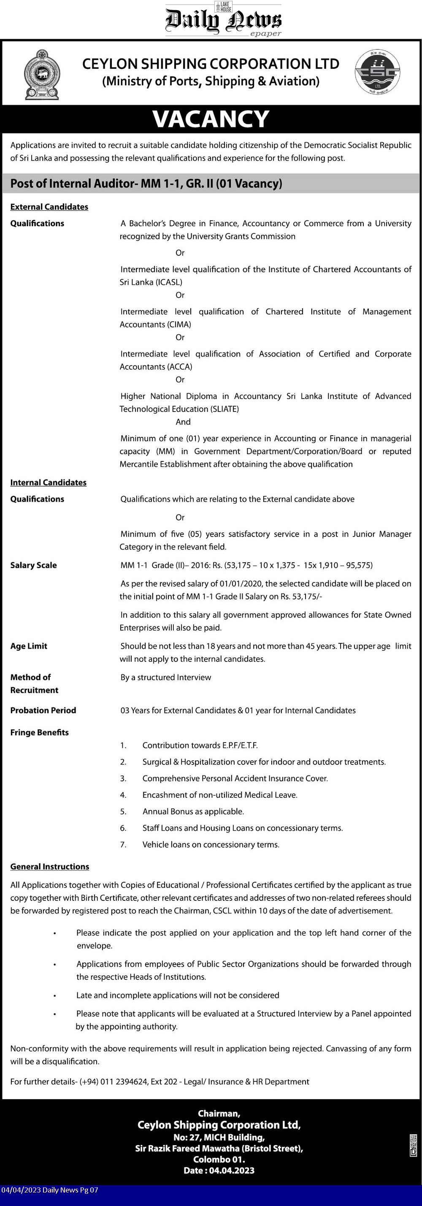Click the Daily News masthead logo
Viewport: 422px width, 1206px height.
click(x=223, y=20)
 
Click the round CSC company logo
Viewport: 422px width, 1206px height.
click(x=377, y=73)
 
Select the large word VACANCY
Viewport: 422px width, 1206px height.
click(x=211, y=119)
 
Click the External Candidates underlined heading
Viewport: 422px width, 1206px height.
click(x=49, y=207)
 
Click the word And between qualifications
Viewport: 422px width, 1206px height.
click(x=183, y=422)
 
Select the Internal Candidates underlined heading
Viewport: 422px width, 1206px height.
click(x=48, y=482)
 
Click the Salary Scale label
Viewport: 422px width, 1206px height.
click(x=33, y=565)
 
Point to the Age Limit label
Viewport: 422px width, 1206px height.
click(x=29, y=646)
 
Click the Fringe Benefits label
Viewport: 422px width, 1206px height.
click(x=39, y=732)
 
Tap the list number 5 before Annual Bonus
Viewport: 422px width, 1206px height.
click(x=123, y=811)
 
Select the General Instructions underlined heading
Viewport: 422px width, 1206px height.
click(x=50, y=867)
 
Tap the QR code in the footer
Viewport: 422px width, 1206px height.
click(x=413, y=1145)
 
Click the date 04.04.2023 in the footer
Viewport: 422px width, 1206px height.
click(x=232, y=1171)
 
